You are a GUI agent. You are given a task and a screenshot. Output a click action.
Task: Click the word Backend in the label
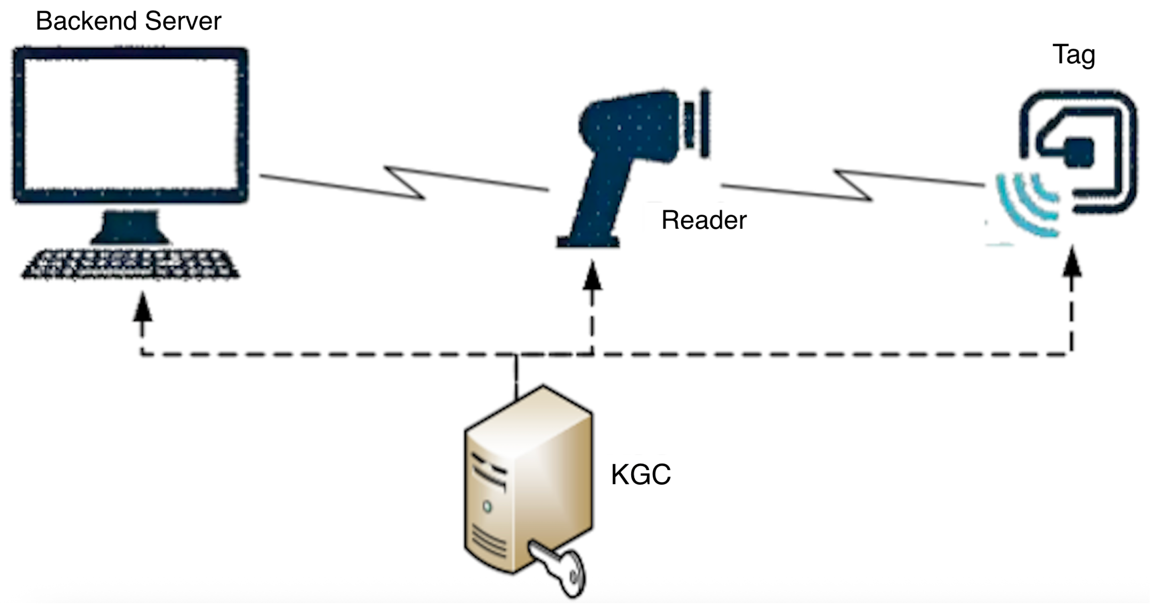pyautogui.click(x=86, y=21)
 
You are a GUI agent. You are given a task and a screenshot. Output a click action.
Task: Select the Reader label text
pyautogui.click(x=704, y=220)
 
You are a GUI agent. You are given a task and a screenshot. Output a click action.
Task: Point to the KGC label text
pyautogui.click(x=640, y=474)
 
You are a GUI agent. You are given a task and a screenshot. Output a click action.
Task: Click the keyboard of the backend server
pyautogui.click(x=130, y=265)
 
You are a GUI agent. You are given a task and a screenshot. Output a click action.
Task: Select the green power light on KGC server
pyautogui.click(x=487, y=507)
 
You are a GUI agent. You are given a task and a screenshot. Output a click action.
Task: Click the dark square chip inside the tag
pyautogui.click(x=1079, y=153)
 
